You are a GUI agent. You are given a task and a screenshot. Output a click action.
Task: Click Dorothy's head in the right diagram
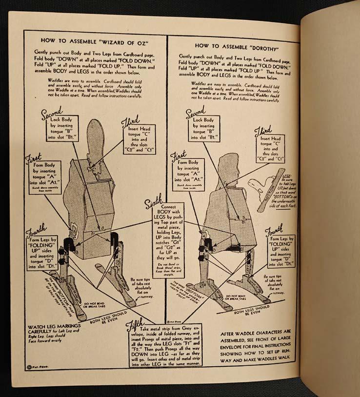(231, 157)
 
